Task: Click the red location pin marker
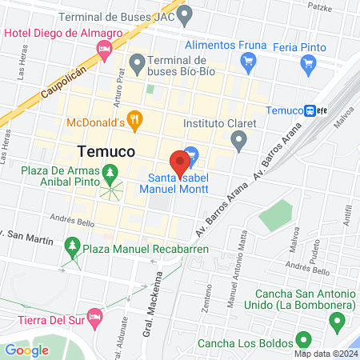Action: point(180,163)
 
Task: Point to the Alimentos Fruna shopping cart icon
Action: point(248,61)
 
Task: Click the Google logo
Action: point(26,350)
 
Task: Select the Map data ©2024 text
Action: point(325,354)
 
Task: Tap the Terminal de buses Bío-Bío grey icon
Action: point(138,62)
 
